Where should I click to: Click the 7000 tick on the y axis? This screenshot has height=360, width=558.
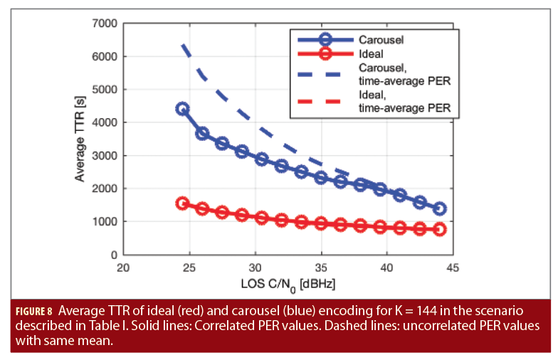tap(104, 23)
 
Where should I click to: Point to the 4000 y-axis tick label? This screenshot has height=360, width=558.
tap(104, 122)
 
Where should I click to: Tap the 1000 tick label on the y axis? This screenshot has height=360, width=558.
tap(104, 222)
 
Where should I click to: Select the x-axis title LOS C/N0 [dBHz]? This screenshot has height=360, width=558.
tap(288, 283)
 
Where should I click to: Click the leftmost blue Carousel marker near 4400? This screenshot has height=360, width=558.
tap(182, 109)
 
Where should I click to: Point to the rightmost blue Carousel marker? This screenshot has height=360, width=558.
tap(439, 208)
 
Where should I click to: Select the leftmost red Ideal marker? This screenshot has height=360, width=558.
tap(182, 203)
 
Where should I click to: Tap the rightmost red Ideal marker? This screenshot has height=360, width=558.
tap(439, 229)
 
